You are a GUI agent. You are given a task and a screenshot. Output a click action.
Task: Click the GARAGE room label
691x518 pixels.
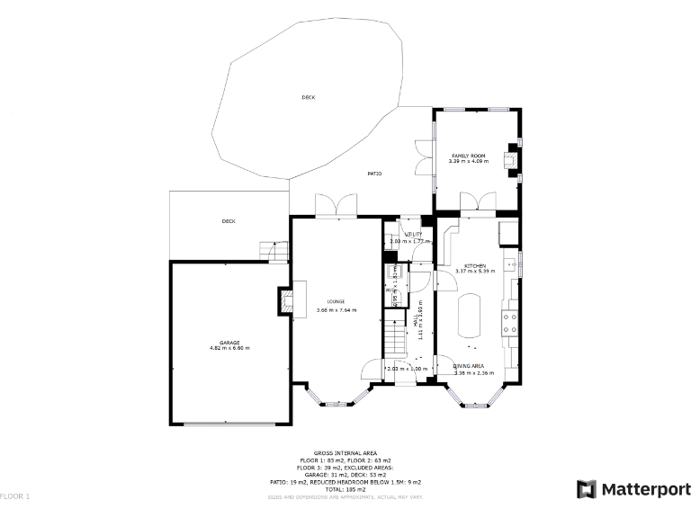[x=229, y=343]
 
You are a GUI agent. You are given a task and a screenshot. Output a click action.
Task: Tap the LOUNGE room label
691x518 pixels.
[x=336, y=301]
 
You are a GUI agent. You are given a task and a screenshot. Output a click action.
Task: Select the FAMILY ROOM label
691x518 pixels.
[x=468, y=156]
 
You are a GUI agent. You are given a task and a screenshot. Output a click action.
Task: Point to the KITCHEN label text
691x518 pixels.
[x=475, y=265]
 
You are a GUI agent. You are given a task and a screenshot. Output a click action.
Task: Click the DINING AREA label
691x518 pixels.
[x=469, y=366]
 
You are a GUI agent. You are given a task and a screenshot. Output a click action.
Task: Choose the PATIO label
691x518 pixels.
[x=374, y=174]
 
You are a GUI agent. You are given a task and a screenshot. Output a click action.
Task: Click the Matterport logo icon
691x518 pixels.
[x=586, y=489]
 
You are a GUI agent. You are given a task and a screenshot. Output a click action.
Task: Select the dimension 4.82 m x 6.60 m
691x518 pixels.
[x=229, y=349]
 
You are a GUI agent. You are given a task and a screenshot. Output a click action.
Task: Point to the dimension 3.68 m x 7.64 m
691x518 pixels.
[x=336, y=310]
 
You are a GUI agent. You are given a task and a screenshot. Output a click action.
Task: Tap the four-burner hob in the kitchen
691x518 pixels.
[x=511, y=322]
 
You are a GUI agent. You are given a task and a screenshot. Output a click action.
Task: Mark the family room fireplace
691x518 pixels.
[x=512, y=160]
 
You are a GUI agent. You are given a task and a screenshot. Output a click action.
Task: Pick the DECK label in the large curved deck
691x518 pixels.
[x=309, y=97]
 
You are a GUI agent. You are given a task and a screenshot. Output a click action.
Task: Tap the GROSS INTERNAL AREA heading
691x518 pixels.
[x=345, y=453]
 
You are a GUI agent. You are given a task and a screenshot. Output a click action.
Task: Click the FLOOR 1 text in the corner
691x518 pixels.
[x=14, y=496]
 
